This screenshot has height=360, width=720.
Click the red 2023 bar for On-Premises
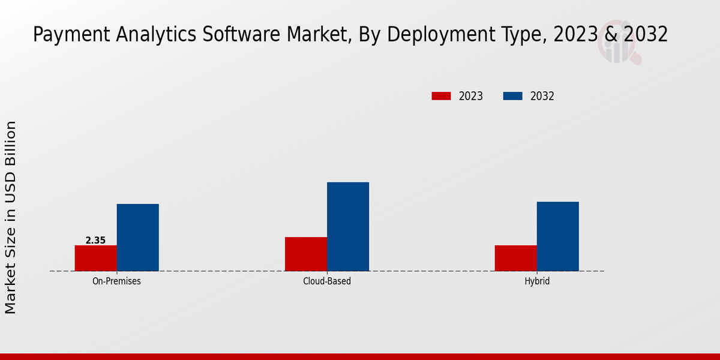96,258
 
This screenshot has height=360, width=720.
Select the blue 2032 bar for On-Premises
138,238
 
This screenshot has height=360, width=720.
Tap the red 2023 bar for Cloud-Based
306,254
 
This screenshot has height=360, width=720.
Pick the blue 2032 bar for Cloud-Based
348,227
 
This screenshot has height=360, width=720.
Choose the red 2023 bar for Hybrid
516,258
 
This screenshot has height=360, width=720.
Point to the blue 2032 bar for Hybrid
558,236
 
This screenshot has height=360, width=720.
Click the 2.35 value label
95,240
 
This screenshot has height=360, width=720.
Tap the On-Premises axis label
116,281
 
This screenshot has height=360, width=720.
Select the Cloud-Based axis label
327,281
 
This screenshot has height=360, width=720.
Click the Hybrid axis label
537,281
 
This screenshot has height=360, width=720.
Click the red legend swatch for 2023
441,96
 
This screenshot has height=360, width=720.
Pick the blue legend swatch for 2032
512,96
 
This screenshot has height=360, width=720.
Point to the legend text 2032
542,96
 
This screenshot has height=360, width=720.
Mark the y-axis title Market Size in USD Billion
11,217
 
